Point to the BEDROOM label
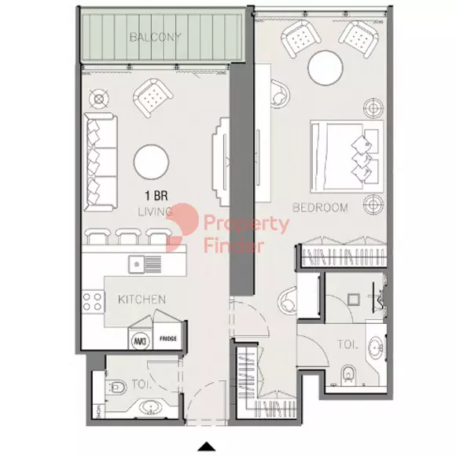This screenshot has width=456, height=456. pyautogui.click(x=321, y=208)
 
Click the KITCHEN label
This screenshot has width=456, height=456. pyautogui.click(x=142, y=300)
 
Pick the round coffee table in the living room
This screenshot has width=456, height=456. pyautogui.click(x=150, y=163)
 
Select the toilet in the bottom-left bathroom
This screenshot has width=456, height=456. pyautogui.click(x=118, y=386)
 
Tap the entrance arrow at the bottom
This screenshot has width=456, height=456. pyautogui.click(x=206, y=447)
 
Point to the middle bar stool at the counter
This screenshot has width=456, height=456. pyautogui.click(x=128, y=235)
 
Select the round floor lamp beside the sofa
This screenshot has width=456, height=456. pyautogui.click(x=98, y=99)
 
